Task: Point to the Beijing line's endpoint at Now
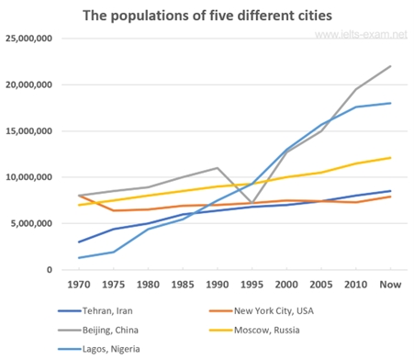click(x=390, y=66)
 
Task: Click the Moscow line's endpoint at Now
click(x=390, y=158)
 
